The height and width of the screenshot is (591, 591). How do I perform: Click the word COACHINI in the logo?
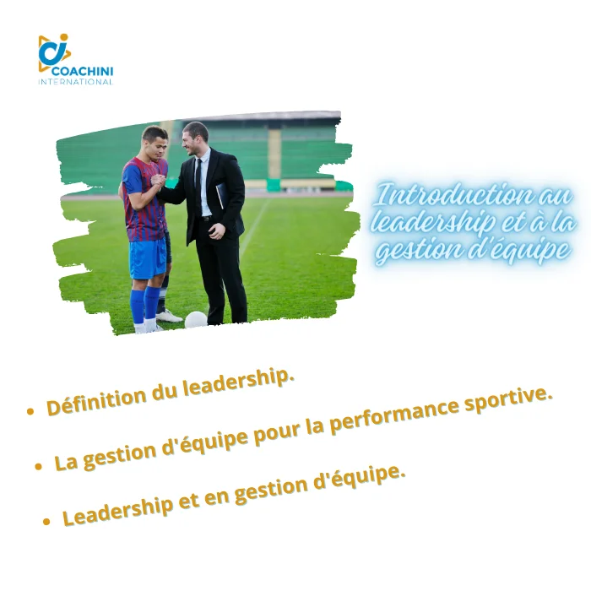coord(82,71)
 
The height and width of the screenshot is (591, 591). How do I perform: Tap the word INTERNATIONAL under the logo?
coord(75,82)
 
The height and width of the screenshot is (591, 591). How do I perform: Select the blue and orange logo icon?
coord(54,52)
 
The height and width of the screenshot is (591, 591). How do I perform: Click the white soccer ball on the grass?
coord(196,320)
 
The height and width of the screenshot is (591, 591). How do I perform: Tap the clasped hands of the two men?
coord(159,181)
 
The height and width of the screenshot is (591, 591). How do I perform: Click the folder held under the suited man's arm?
coord(221,195)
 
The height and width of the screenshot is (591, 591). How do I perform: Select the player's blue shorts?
coord(148,259)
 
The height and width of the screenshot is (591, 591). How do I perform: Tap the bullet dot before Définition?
coord(30,411)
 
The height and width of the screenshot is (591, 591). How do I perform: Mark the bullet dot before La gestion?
coord(38,467)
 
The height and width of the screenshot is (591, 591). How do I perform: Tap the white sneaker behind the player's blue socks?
coord(169,316)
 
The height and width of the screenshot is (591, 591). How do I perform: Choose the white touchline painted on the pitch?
coord(255,227)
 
